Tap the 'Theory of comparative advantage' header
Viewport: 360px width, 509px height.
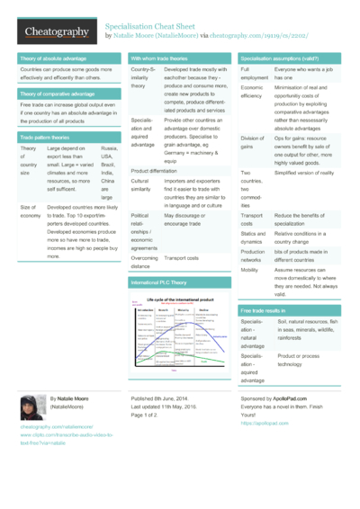tap(58, 93)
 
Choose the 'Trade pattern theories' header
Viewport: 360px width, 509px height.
tap(46, 136)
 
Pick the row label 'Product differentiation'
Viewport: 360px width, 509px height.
tap(154, 170)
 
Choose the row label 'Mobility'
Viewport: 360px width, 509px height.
tap(250, 269)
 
